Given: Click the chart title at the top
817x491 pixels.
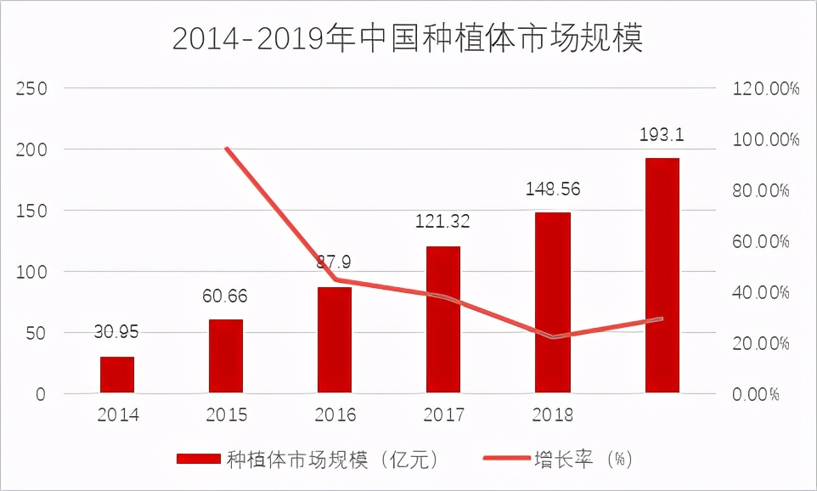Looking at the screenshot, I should [x=408, y=39].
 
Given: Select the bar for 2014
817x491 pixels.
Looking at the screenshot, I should [x=117, y=375].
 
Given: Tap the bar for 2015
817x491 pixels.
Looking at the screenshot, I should [x=226, y=356].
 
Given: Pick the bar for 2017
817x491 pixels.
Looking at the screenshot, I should [x=443, y=319].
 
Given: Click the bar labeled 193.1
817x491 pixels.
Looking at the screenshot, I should [x=662, y=275].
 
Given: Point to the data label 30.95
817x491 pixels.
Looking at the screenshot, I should [x=117, y=332].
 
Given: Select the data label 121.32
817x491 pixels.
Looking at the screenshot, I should [x=442, y=222].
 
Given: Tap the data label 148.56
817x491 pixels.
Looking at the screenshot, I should [x=552, y=189].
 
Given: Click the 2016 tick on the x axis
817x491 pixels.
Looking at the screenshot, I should [x=335, y=415].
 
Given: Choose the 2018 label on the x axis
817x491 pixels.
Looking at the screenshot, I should [x=552, y=415].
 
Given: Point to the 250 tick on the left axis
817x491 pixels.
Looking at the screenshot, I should [x=31, y=88].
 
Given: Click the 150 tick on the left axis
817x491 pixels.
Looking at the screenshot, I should [x=31, y=211].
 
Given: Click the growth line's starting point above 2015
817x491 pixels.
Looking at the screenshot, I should [x=227, y=149].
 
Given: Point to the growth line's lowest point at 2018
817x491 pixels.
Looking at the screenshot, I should [x=553, y=337].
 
